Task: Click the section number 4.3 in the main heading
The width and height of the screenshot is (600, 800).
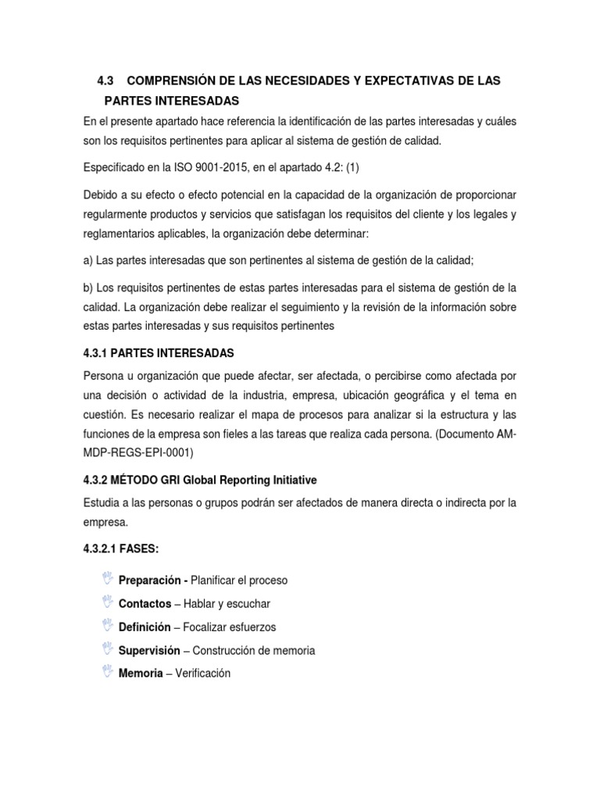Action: pos(105,80)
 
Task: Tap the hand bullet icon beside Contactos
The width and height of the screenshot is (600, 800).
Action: pos(107,603)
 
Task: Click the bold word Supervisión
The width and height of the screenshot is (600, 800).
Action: pos(149,650)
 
